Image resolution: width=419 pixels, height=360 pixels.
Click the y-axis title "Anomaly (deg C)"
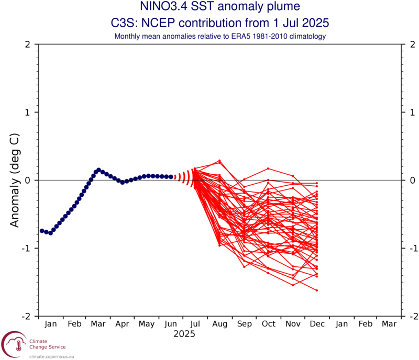(15, 180)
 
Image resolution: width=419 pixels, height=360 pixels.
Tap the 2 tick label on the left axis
(27, 44)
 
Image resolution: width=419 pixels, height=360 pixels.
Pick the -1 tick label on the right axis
(413, 248)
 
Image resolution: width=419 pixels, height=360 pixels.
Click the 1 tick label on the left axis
(27, 113)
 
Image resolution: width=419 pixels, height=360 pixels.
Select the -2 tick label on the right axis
(413, 316)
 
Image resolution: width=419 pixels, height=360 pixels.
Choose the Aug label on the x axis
(220, 324)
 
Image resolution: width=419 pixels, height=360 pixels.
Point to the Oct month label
(268, 324)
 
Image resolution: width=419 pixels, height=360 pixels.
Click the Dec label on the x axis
(316, 324)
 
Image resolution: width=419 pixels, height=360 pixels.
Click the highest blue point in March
(98, 170)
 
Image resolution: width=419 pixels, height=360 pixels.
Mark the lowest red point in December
(317, 290)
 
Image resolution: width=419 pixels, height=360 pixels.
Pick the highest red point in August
(219, 161)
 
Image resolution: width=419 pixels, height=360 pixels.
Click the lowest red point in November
(293, 285)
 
